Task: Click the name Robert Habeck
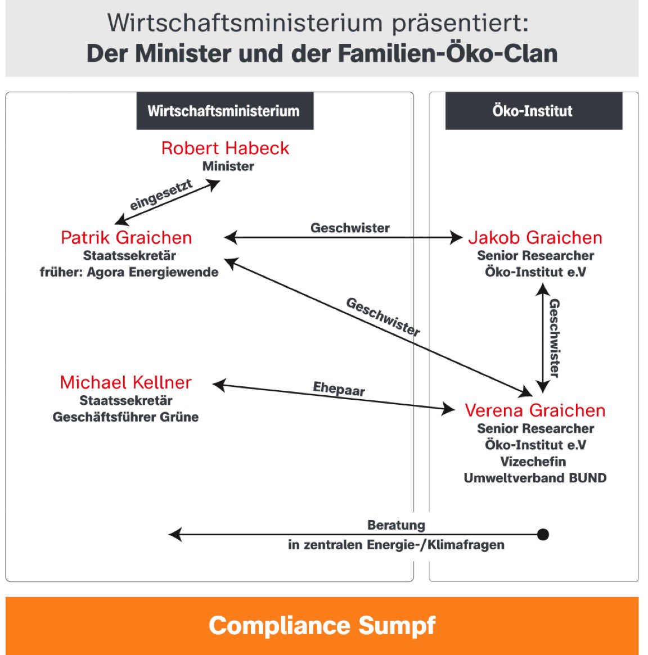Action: point(225,148)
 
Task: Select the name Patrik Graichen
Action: point(126,237)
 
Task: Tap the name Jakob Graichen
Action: point(535,237)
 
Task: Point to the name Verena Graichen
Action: point(535,410)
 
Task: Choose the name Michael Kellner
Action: point(125,382)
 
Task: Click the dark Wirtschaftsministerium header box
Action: point(224,111)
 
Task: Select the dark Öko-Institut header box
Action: point(533,111)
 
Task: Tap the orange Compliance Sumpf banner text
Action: point(322,625)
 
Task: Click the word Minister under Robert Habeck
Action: point(228,166)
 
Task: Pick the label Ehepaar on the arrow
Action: point(339,389)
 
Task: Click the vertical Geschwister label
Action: point(555,338)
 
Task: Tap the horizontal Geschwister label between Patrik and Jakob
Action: point(350,228)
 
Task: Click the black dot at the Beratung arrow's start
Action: point(543,534)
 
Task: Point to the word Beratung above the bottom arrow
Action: point(396,525)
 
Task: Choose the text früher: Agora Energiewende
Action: point(129,272)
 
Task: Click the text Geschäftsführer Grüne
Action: point(125,417)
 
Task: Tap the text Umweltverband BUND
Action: point(535,478)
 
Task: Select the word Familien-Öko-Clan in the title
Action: point(448,53)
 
